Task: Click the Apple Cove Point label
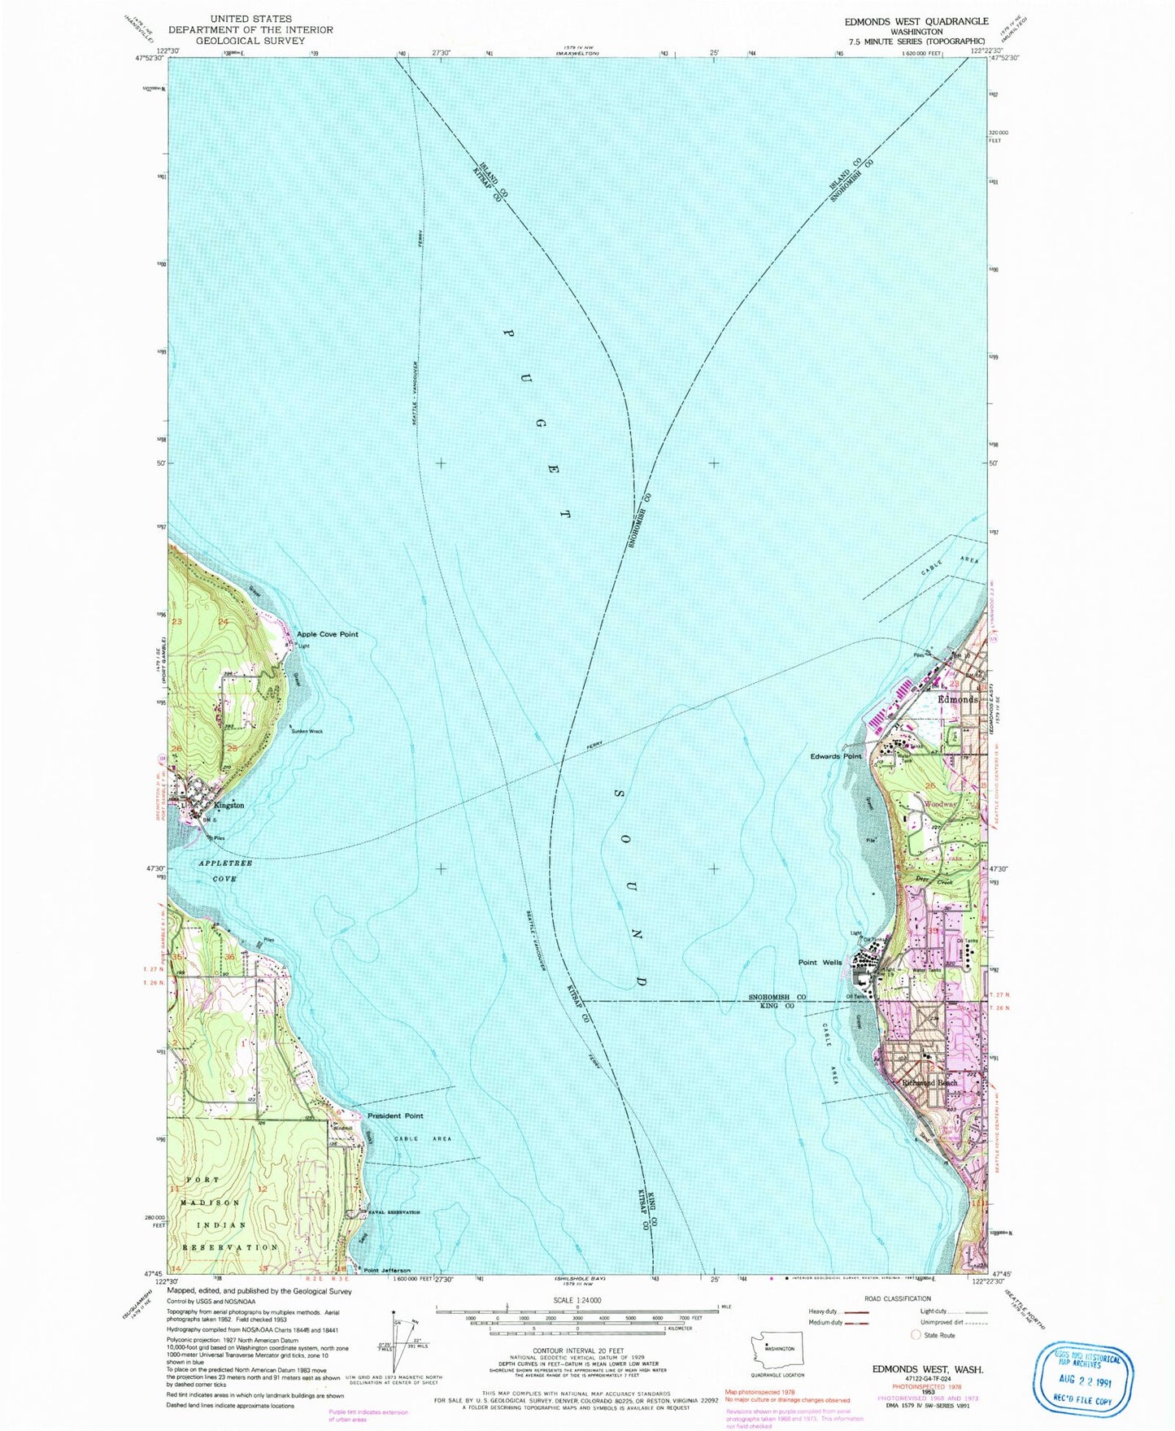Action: click(327, 634)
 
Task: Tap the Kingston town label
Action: click(229, 805)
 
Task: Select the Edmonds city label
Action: click(957, 699)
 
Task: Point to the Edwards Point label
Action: click(835, 756)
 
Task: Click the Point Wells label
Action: click(820, 963)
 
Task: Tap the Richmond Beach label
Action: click(929, 1083)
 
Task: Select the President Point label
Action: click(395, 1116)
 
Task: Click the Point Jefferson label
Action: click(386, 1270)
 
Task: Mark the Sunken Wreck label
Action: click(307, 731)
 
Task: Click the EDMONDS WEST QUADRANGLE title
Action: click(916, 21)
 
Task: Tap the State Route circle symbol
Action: click(916, 1335)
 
